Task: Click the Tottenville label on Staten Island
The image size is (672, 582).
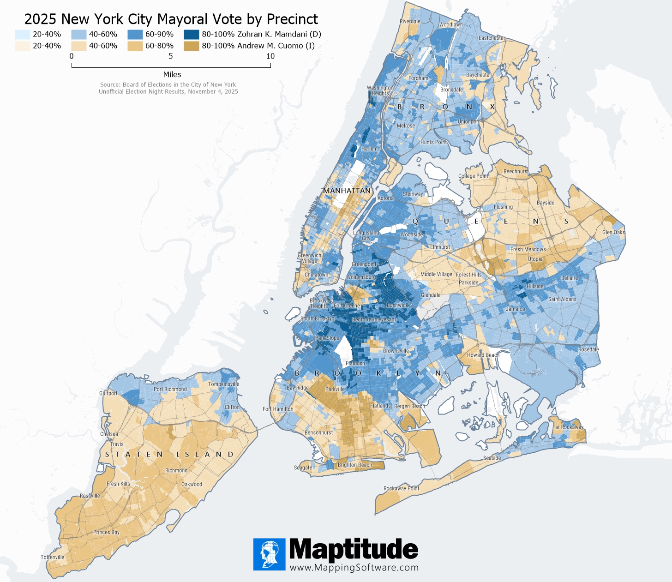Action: [x=52, y=557]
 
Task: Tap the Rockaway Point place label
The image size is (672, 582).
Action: [x=401, y=488]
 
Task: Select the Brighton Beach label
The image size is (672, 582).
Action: [x=354, y=465]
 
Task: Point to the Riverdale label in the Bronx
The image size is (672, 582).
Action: [x=410, y=22]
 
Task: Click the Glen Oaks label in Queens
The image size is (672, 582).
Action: [x=613, y=232]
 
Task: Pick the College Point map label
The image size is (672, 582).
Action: [x=473, y=176]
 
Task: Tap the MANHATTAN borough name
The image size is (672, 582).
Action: [x=347, y=191]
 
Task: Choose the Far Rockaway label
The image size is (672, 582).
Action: [x=568, y=427]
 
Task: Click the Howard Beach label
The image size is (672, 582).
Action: [x=483, y=355]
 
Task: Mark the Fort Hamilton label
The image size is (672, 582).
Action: [x=278, y=409]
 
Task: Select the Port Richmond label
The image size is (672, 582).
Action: [x=170, y=389]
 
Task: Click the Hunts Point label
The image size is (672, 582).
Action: [x=433, y=142]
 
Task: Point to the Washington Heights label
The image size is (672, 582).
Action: [x=380, y=90]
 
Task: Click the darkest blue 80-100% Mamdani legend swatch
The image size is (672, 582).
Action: [x=191, y=34]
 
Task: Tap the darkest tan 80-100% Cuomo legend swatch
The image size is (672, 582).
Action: [x=191, y=46]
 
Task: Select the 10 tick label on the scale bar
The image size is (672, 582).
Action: [x=270, y=56]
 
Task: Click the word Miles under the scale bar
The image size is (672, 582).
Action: [x=172, y=74]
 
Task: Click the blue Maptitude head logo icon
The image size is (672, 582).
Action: [x=269, y=554]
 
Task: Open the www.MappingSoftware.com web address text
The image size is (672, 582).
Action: [x=354, y=568]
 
